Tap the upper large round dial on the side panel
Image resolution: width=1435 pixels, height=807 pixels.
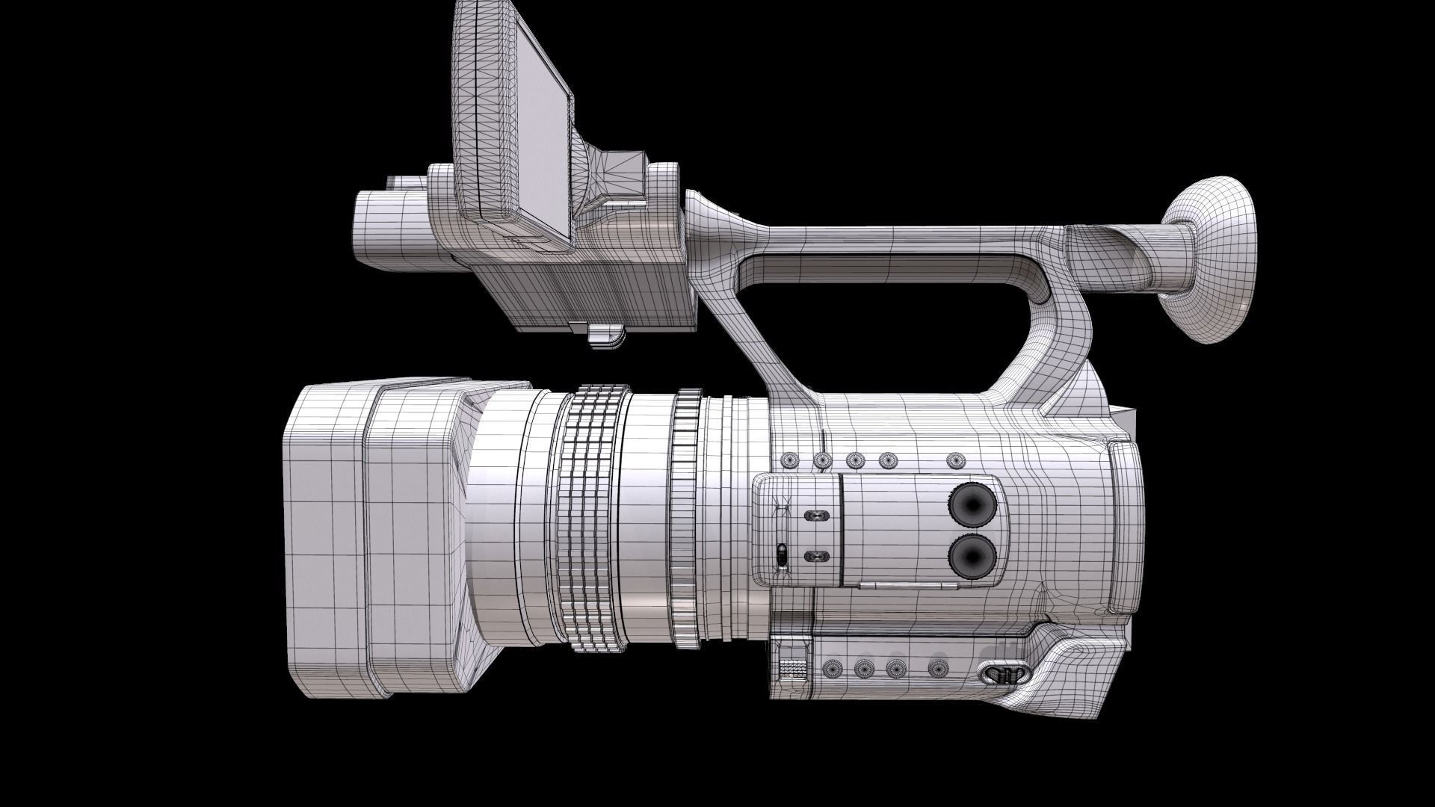click(974, 504)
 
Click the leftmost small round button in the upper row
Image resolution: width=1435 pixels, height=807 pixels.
click(788, 460)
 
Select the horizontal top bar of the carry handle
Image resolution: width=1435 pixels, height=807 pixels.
click(897, 238)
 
